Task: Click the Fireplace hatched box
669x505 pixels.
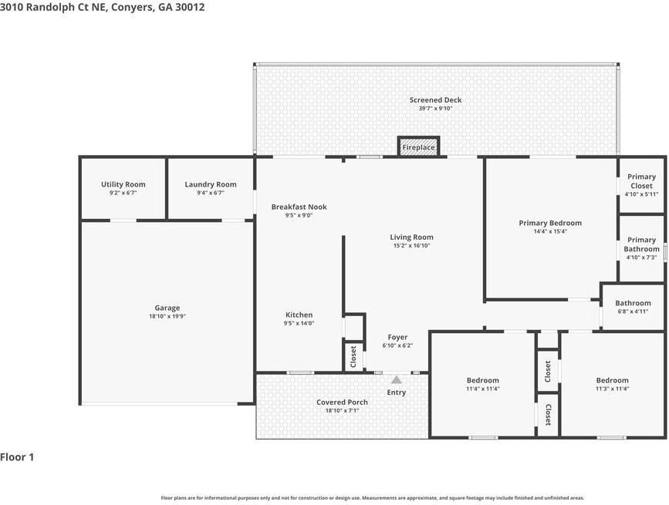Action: pos(418,147)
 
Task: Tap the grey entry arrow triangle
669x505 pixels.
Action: pos(397,379)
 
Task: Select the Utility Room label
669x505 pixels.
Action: pos(123,184)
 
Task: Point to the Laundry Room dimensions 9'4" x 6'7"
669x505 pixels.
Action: pos(211,193)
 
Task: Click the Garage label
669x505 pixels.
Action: pos(167,308)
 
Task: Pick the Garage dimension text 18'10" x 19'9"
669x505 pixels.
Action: pos(167,317)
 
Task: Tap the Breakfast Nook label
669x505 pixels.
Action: pos(299,207)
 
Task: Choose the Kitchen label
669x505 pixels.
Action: pos(299,315)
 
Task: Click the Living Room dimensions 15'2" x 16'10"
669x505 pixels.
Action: pos(412,246)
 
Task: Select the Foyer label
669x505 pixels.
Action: pos(397,338)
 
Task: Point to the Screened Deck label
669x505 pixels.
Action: pos(436,100)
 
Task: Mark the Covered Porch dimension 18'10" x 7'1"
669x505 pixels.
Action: pos(342,411)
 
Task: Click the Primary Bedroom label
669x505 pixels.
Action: pos(550,223)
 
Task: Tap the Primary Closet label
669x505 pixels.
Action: pos(642,181)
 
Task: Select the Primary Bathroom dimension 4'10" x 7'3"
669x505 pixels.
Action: pos(642,258)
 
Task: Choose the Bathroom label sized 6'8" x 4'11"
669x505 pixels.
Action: pos(634,303)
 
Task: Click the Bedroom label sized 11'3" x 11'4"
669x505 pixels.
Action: pos(612,380)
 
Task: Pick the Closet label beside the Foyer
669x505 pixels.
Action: pos(353,357)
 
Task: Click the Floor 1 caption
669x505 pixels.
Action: pos(17,457)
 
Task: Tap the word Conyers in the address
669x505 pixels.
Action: pos(132,7)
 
